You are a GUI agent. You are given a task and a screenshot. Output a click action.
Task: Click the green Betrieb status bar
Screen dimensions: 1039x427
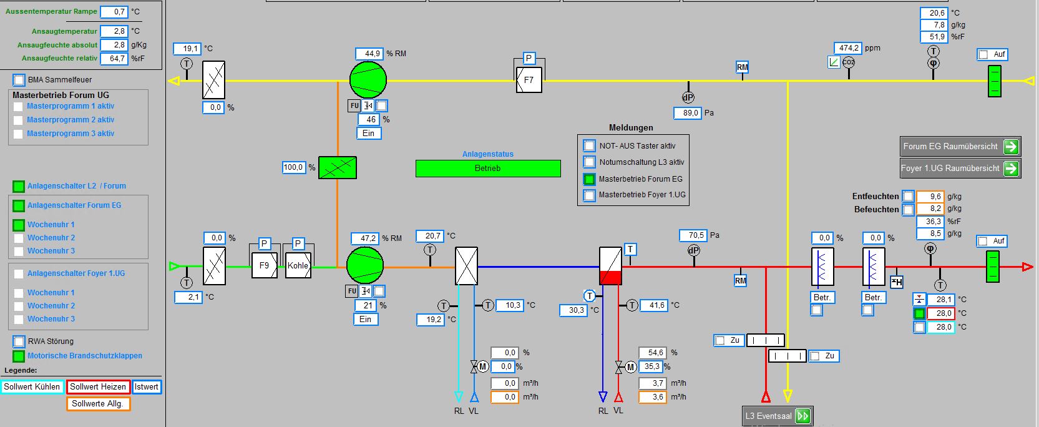tap(488, 169)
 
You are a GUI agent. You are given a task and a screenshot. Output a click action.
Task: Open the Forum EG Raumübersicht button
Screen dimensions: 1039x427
tap(960, 147)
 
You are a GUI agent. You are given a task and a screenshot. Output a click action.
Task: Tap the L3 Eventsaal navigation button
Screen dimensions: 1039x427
tap(778, 416)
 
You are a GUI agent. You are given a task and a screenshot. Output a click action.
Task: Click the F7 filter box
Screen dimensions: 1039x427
tap(529, 80)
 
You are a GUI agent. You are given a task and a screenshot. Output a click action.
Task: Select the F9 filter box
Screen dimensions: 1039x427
tap(265, 265)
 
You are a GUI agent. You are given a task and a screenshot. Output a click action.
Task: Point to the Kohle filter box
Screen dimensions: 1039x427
tap(298, 265)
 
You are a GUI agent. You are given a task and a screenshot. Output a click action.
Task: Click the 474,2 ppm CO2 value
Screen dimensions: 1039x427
tap(848, 48)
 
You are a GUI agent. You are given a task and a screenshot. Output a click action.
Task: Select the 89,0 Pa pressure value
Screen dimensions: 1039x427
tap(688, 113)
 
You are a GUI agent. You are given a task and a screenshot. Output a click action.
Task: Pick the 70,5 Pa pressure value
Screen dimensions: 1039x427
tap(693, 235)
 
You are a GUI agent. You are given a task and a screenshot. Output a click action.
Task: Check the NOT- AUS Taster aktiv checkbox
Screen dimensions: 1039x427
tap(589, 145)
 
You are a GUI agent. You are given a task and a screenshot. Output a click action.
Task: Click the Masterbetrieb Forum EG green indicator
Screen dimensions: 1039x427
tap(589, 179)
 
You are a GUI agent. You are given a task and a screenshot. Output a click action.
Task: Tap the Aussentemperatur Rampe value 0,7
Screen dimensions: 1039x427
tap(114, 12)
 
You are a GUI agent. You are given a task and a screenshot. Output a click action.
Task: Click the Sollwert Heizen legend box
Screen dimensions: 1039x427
tap(99, 386)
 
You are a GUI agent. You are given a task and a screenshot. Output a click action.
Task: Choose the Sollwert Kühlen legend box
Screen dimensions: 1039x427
tap(32, 386)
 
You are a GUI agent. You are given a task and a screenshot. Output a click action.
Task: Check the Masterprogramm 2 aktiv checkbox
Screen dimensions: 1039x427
tap(18, 120)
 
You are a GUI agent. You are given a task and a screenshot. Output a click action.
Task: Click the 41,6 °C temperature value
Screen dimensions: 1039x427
tap(654, 305)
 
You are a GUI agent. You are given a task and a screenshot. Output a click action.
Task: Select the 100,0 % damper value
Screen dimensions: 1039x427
tap(294, 167)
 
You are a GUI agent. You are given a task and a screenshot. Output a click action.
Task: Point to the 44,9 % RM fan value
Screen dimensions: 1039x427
tap(369, 54)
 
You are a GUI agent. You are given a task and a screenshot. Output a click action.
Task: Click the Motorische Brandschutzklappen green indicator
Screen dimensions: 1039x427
tap(19, 356)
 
